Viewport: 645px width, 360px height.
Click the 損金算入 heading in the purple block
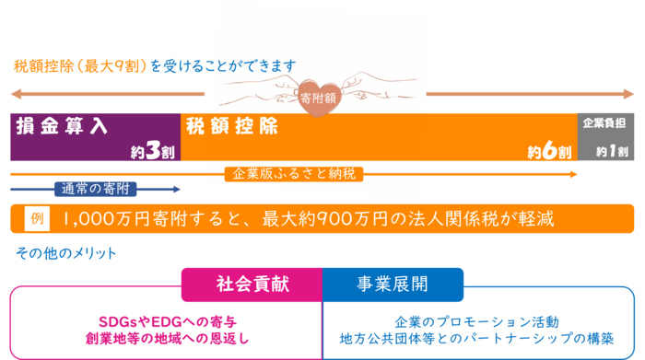click(x=63, y=126)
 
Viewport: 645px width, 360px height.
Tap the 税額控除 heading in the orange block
click(x=231, y=126)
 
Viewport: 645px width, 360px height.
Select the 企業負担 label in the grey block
click(x=606, y=122)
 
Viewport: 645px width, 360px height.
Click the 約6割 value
click(x=549, y=151)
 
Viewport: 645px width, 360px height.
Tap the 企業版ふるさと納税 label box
click(x=293, y=173)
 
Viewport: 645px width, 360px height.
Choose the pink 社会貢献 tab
click(x=252, y=284)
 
